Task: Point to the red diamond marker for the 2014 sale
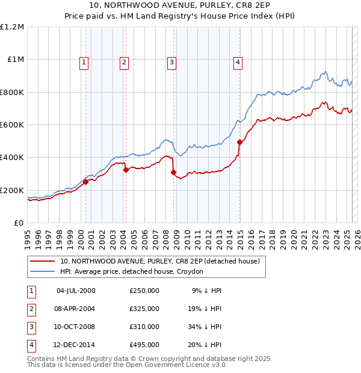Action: pos(240,143)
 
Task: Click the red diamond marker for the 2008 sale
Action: pos(174,173)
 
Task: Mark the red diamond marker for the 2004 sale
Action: pos(126,170)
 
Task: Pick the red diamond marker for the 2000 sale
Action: pos(85,182)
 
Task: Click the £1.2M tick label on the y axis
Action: pos(11,27)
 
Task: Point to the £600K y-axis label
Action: pos(11,125)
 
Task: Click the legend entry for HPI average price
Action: pos(131,271)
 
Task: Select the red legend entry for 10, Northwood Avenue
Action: pos(159,261)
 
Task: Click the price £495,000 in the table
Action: pos(144,345)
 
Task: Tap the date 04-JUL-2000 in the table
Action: pos(76,291)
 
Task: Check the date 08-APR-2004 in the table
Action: pos(76,309)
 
